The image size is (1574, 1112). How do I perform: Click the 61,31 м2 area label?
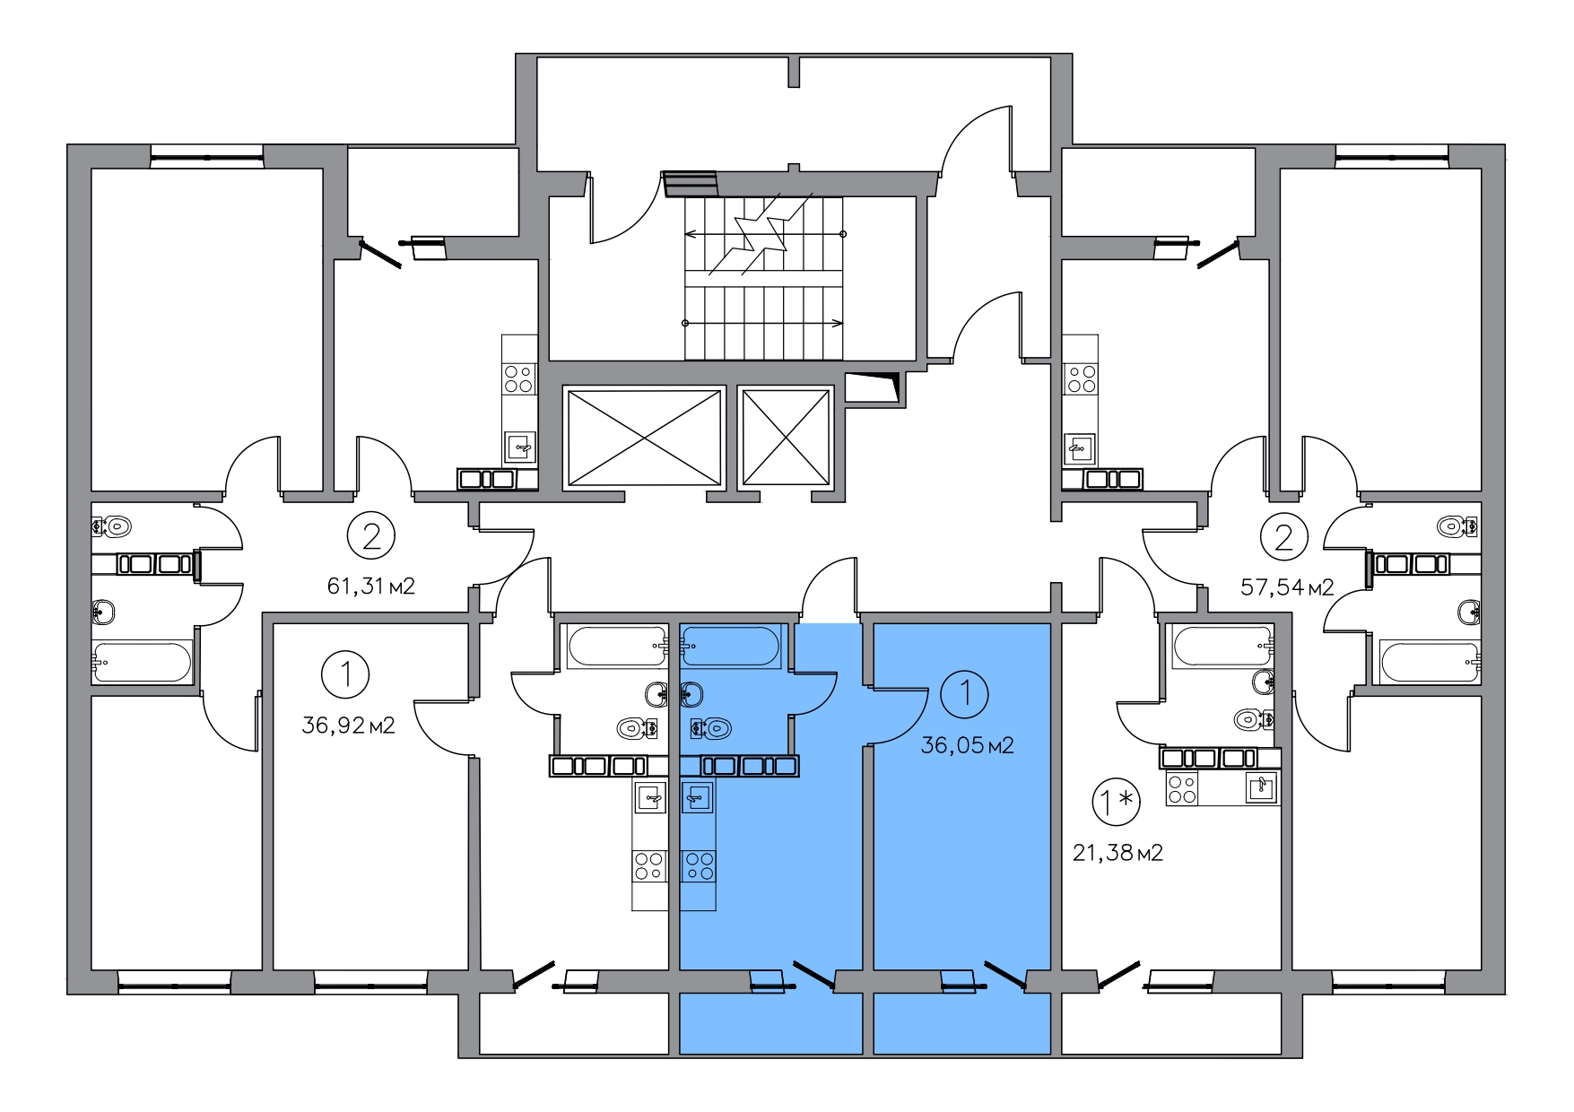click(371, 586)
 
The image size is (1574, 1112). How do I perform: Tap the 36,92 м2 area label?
click(348, 725)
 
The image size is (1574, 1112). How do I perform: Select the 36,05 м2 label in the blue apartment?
click(967, 745)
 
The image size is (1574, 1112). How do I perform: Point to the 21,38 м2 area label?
click(1117, 852)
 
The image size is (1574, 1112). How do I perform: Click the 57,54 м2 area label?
click(1287, 587)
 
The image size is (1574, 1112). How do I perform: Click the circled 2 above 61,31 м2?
click(371, 536)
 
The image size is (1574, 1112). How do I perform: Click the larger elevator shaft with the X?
click(644, 438)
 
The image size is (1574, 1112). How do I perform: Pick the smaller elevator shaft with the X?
click(786, 438)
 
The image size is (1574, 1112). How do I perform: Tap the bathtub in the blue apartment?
click(731, 647)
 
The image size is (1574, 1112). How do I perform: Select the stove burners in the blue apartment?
click(698, 865)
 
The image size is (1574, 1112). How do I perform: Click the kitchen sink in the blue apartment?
click(698, 795)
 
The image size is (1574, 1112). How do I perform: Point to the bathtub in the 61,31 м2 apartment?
click(142, 662)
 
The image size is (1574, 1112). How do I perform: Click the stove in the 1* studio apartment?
click(1181, 787)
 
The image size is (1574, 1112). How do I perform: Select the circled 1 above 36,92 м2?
click(345, 673)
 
